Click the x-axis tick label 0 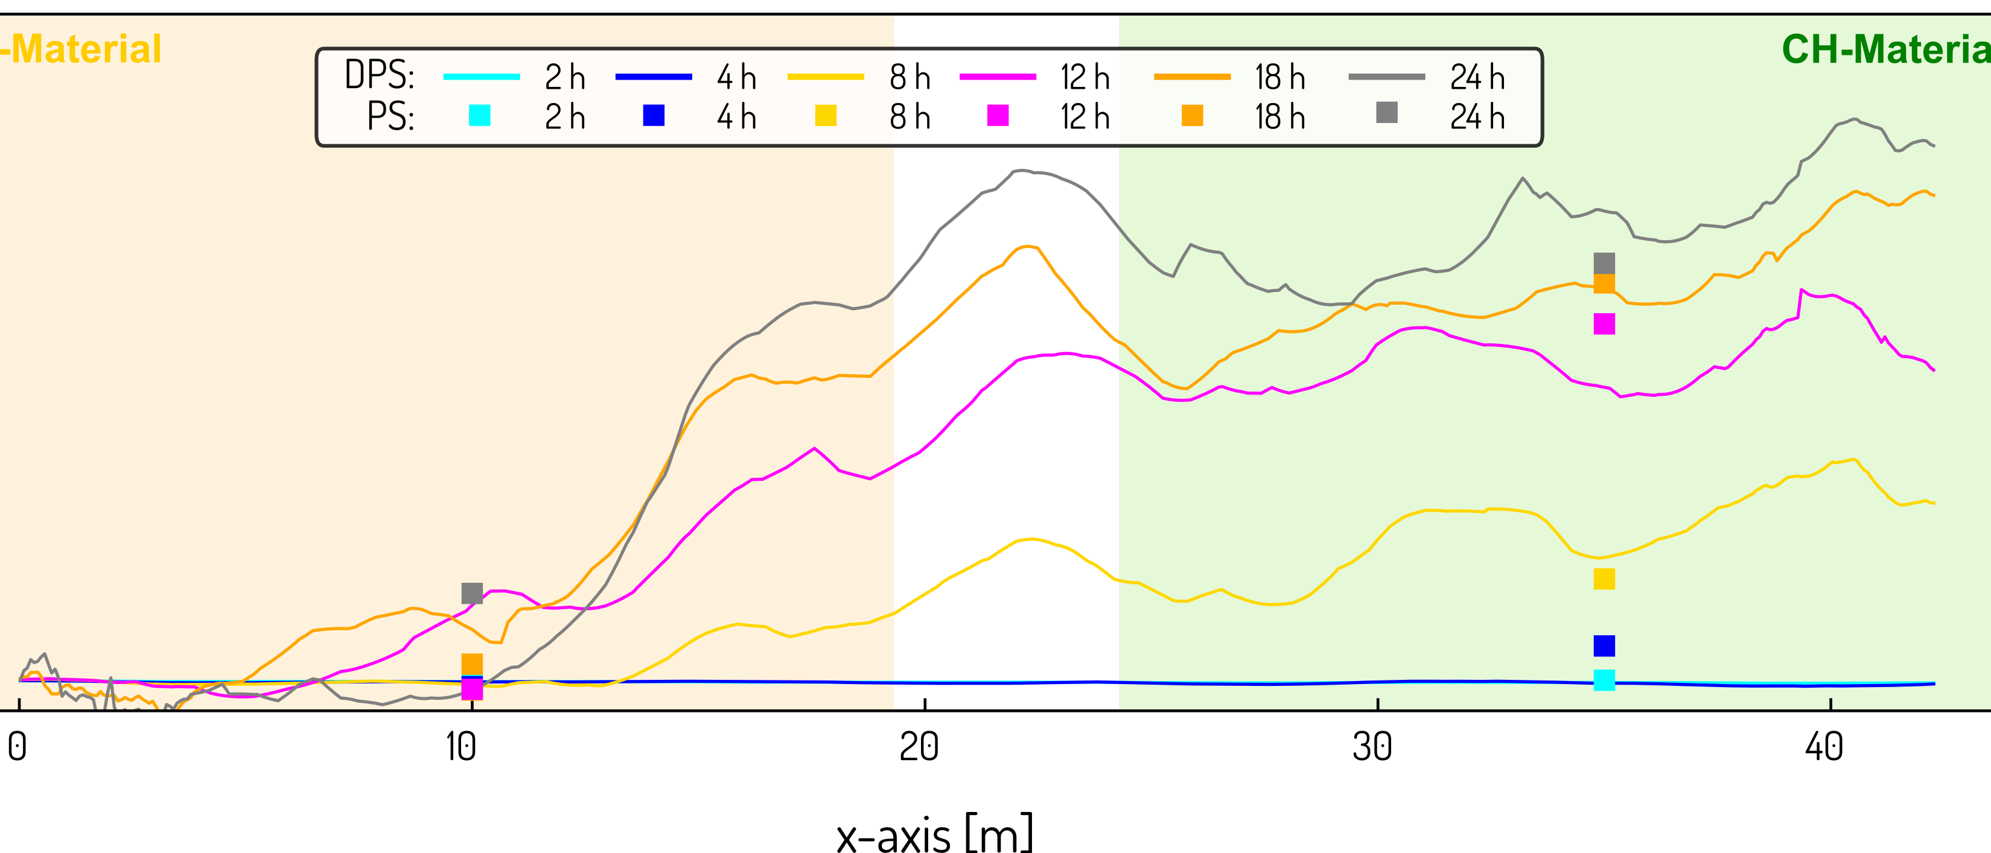[17, 747]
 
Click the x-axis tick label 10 [462, 747]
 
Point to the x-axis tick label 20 [919, 747]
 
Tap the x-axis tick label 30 [1372, 747]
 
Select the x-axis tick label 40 [1824, 747]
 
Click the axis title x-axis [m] [934, 834]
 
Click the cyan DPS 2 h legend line [482, 77]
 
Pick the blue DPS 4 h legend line [653, 77]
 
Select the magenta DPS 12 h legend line [997, 77]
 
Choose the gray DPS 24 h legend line [1387, 77]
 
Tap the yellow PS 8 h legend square [826, 116]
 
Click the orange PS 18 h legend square [1192, 116]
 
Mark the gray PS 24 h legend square [1387, 113]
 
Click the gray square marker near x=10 [472, 594]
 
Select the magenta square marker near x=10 [472, 688]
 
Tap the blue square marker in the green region [1604, 645]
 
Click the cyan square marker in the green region [1604, 680]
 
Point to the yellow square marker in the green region [1604, 579]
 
